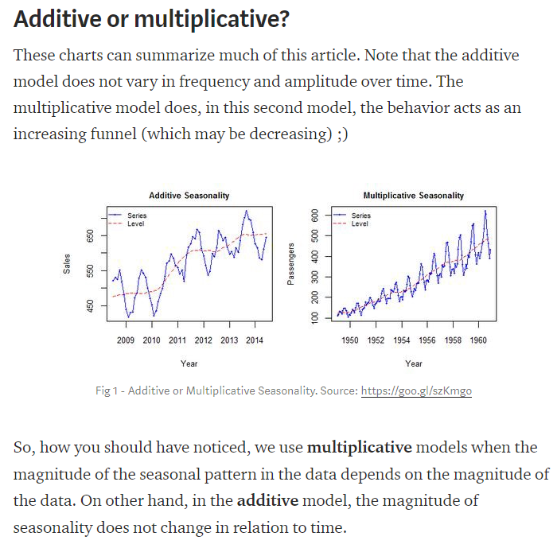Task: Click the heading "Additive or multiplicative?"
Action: pyautogui.click(x=151, y=19)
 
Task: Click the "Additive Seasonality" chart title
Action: pyautogui.click(x=189, y=196)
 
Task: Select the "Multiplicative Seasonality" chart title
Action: pyautogui.click(x=413, y=196)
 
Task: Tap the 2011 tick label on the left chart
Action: pyautogui.click(x=177, y=340)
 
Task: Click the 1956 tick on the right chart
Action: pyautogui.click(x=427, y=340)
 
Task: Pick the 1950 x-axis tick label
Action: pyautogui.click(x=349, y=340)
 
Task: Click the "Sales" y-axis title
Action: pyautogui.click(x=67, y=265)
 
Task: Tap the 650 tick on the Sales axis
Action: pyautogui.click(x=91, y=236)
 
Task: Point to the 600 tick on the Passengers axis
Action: pyautogui.click(x=316, y=216)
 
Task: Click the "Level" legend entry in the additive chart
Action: pyautogui.click(x=136, y=223)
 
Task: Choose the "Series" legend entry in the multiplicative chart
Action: pyautogui.click(x=360, y=216)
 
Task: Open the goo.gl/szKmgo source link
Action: pyautogui.click(x=416, y=391)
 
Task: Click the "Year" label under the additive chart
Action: pyautogui.click(x=189, y=363)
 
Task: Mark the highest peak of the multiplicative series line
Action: pyautogui.click(x=485, y=211)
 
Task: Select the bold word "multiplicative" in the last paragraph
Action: pyautogui.click(x=360, y=447)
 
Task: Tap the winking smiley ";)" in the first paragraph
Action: pyautogui.click(x=341, y=133)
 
